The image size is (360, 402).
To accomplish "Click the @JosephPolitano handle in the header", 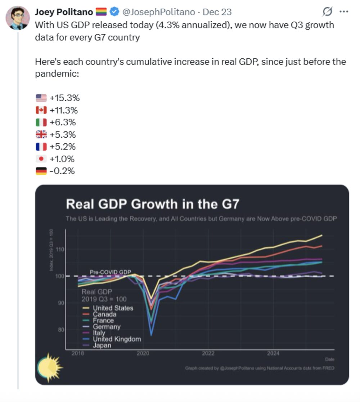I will coord(158,12).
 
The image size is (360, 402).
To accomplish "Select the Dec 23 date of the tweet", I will coord(217,12).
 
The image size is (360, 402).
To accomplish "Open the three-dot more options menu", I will coord(344,12).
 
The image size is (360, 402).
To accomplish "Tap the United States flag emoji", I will coord(41,98).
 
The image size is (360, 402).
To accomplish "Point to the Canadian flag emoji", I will coord(41,110).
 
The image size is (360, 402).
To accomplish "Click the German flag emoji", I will coord(41,171).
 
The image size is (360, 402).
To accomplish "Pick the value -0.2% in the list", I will coord(62,171).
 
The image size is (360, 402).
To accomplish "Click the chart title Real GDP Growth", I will coord(152,204).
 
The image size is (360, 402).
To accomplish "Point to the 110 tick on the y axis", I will coord(60,249).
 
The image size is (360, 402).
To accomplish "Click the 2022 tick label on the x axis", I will coord(208,353).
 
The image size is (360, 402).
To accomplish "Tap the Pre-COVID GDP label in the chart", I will coord(110,272).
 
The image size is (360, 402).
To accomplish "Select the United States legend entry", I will coord(113,308).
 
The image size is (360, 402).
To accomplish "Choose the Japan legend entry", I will coord(102,345).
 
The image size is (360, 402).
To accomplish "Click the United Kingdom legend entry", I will coord(117,339).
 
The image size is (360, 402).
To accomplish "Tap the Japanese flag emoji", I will coord(41,159).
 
